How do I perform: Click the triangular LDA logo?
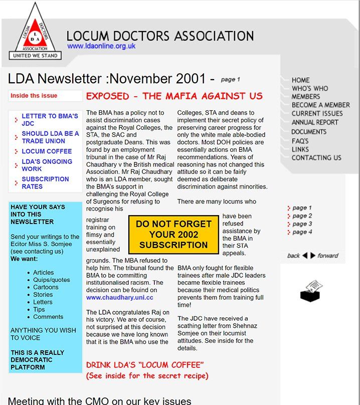click(35, 32)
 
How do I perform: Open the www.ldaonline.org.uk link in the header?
click(101, 46)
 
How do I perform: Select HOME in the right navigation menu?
click(300, 80)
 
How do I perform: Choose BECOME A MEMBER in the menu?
click(320, 105)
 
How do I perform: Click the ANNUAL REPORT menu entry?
click(316, 122)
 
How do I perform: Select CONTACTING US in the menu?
click(316, 157)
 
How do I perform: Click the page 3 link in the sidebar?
click(302, 224)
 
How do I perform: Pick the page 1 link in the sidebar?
click(302, 208)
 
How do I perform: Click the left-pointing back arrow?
click(304, 256)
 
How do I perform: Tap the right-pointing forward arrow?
click(313, 256)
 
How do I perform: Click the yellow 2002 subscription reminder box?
click(173, 235)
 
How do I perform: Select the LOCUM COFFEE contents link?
click(47, 151)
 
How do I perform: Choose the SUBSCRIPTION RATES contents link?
click(45, 182)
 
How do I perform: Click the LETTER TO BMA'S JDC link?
click(50, 119)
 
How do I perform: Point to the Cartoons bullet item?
click(46, 287)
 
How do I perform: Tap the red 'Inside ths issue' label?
click(34, 96)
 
